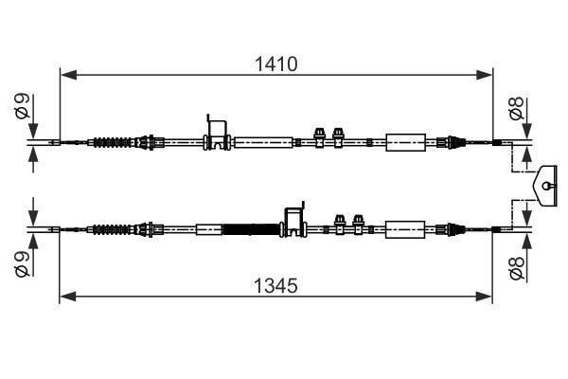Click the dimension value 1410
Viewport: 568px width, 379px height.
tap(276, 63)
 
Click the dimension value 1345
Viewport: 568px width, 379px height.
tap(276, 285)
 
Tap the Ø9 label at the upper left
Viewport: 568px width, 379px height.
tap(22, 106)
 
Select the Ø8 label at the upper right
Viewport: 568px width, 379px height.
tap(517, 108)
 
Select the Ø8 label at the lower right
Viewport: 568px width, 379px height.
tap(517, 268)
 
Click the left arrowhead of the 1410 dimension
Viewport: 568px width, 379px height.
tap(68, 75)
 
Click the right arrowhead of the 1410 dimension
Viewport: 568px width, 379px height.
tap(484, 75)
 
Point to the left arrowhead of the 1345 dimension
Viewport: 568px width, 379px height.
tap(68, 297)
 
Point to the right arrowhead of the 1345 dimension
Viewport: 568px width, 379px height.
tap(484, 297)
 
